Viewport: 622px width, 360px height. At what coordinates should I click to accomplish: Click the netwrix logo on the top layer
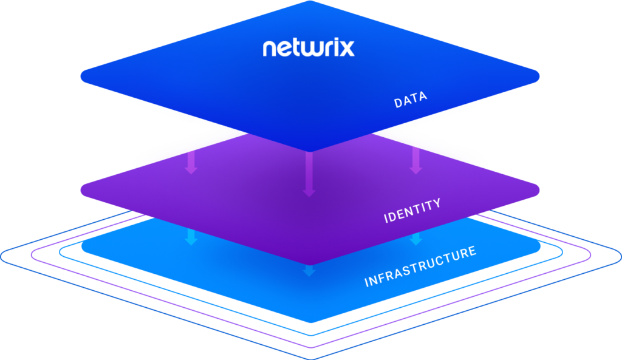coord(309,48)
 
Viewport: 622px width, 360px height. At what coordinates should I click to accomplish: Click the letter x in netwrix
coord(346,49)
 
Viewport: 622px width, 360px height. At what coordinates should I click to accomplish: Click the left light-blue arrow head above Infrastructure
coord(191,240)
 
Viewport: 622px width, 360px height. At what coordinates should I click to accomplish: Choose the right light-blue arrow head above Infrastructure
coord(415,240)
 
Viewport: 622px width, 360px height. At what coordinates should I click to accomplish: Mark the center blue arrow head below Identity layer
coord(309,271)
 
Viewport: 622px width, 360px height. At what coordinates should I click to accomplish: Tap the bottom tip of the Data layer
coord(310,151)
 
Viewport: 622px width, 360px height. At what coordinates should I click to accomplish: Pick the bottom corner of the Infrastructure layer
coord(310,322)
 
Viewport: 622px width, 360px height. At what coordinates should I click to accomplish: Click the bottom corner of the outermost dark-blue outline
coord(310,358)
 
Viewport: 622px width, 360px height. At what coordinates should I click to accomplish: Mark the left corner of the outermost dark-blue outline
coord(2,255)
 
